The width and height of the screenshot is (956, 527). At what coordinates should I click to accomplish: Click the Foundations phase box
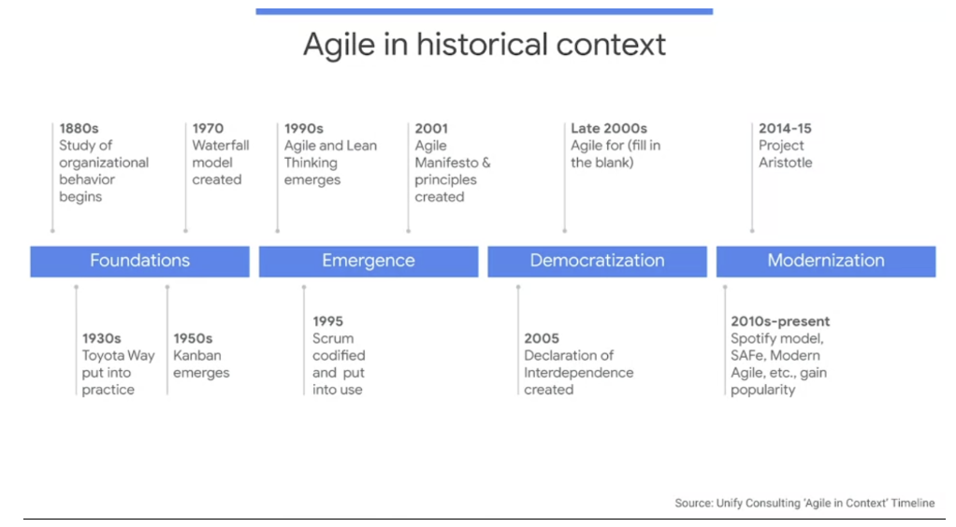[139, 262]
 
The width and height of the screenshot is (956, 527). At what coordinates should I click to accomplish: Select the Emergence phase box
[369, 262]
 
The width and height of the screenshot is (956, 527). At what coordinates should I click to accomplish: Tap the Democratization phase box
[597, 262]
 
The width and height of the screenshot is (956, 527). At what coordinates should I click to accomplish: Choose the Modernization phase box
[826, 262]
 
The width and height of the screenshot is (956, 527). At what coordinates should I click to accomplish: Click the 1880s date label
[79, 129]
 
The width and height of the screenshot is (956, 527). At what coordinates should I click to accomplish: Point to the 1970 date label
[208, 129]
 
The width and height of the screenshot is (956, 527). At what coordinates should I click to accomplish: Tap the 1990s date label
[304, 129]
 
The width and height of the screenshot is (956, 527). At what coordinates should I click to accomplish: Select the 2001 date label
[431, 129]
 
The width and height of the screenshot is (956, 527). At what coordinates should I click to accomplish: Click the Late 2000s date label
[608, 129]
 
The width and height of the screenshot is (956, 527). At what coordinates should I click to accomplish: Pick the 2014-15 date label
[785, 129]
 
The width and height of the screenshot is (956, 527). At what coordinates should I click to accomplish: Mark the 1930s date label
[101, 338]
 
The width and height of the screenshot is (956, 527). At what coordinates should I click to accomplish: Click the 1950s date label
[193, 338]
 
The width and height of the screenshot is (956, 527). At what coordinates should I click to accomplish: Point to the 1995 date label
[327, 321]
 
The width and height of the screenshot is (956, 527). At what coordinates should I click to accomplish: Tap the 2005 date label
[542, 338]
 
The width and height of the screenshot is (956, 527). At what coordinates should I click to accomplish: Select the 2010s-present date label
[780, 321]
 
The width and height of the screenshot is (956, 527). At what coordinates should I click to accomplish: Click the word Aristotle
[786, 163]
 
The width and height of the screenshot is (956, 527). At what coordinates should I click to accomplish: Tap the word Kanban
[197, 355]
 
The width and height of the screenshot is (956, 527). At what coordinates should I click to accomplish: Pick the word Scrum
[333, 338]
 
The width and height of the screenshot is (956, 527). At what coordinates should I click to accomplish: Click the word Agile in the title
[339, 46]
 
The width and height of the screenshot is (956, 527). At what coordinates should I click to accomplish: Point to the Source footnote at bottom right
[804, 503]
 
